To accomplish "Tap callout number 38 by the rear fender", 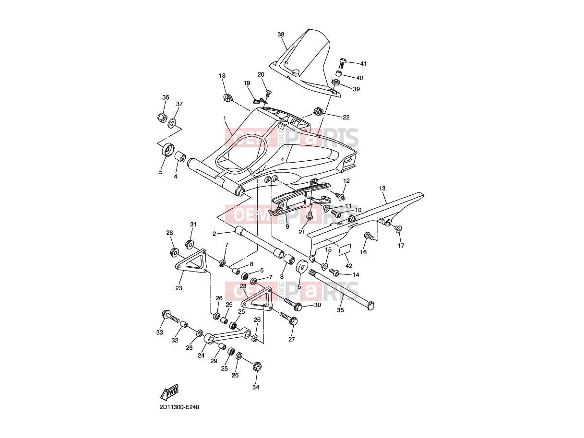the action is (281, 35).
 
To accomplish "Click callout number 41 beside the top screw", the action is (363, 63).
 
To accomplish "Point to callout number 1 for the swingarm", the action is (225, 118).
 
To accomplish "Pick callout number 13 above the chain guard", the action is (382, 188).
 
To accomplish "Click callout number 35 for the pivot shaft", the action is (340, 310).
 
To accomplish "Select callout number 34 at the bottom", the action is (255, 387).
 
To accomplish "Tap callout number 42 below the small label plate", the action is (348, 266).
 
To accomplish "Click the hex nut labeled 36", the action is (162, 117).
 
